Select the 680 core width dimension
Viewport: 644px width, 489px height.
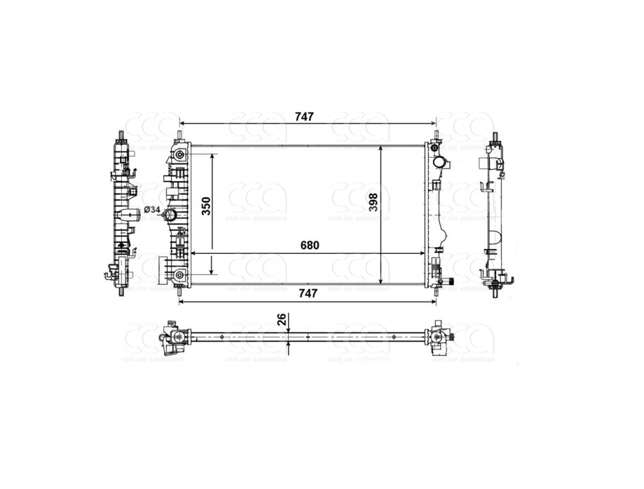point(309,246)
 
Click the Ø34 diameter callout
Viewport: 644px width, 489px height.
point(152,210)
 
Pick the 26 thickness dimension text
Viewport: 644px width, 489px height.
point(281,320)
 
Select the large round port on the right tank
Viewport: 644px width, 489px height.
point(441,163)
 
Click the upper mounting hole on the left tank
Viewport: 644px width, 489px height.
point(181,155)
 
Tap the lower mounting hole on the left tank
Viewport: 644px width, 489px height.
point(181,276)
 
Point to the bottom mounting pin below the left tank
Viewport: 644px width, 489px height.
point(180,291)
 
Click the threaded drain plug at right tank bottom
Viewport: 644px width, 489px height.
point(451,282)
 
